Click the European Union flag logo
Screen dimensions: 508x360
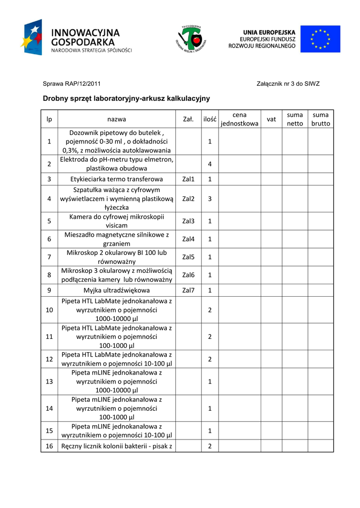coord(324,39)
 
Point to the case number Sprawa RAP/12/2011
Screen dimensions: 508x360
coord(72,84)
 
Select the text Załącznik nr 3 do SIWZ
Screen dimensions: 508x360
coord(288,84)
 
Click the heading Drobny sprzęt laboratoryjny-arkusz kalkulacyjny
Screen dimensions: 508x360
coord(126,99)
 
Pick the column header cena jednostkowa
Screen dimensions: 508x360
coord(239,119)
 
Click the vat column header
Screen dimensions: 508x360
coord(271,119)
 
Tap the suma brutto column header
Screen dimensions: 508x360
coord(320,119)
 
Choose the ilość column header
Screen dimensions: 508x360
coord(210,119)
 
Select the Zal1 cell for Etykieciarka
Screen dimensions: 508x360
coord(189,179)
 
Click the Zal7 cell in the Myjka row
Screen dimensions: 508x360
coord(189,290)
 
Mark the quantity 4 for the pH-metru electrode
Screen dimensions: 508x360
coord(210,164)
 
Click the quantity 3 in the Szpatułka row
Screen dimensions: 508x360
coord(210,198)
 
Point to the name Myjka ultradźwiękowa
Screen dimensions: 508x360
coord(116,290)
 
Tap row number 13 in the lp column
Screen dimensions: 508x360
coord(49,381)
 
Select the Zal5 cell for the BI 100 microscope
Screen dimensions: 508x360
coord(189,257)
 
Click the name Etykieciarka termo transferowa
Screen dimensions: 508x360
coord(116,179)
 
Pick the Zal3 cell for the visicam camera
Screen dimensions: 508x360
coord(189,221)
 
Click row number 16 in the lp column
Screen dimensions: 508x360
coord(49,446)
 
